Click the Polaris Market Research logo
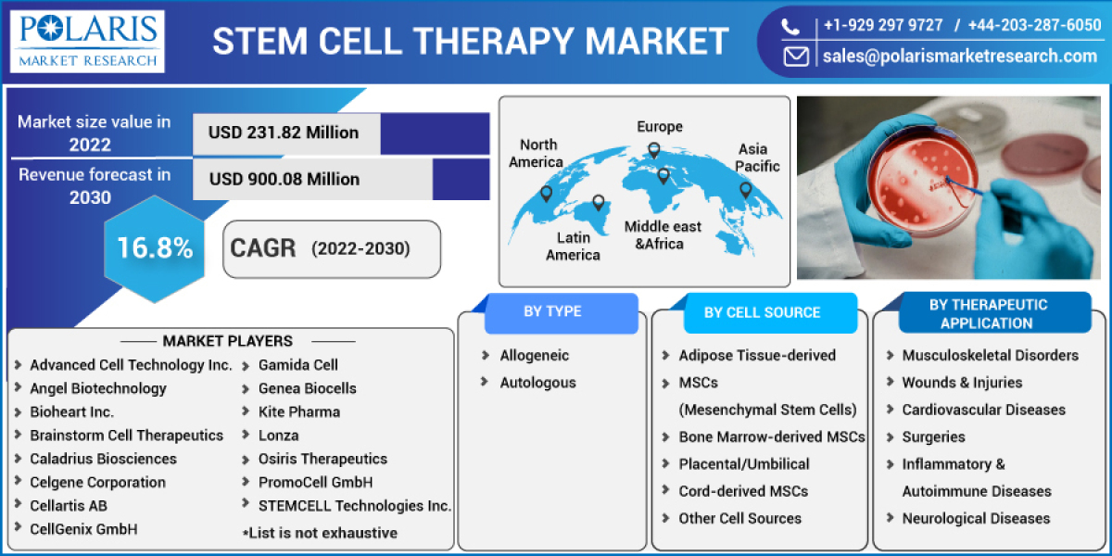(x=90, y=42)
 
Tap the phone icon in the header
(x=793, y=26)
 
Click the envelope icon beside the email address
(x=795, y=57)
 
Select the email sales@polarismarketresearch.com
(x=959, y=57)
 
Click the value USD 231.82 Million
(x=284, y=133)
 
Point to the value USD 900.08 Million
(x=284, y=179)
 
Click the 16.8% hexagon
(x=154, y=247)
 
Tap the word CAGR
(x=262, y=248)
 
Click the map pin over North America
(x=546, y=194)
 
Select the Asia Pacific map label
(x=758, y=158)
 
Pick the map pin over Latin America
(x=599, y=202)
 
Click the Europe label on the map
(x=659, y=127)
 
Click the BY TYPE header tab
(x=552, y=312)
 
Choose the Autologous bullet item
(x=537, y=383)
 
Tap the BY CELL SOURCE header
(x=762, y=313)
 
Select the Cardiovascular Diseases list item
(x=983, y=410)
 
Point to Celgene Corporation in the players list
(x=97, y=482)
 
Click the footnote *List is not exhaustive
(x=320, y=533)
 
